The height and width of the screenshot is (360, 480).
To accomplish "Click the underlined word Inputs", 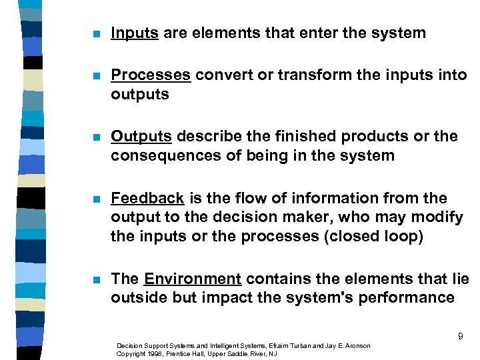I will coord(135,33).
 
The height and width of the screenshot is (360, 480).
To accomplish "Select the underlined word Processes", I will coord(151,75).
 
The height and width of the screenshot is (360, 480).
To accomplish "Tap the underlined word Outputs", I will coord(141,137).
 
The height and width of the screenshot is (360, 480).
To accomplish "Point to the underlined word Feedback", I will coord(147,199).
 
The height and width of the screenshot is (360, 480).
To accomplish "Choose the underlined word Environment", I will coord(193,279).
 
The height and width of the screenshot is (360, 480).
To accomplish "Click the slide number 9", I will coord(460,337).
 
